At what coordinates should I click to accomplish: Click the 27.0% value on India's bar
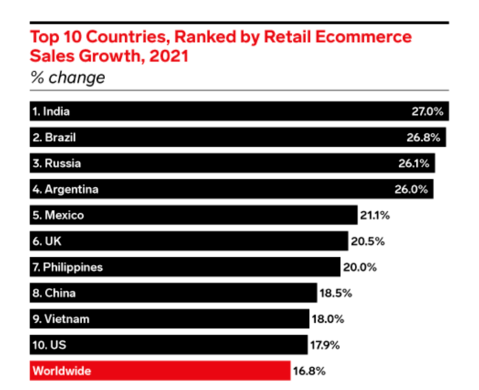point(427,112)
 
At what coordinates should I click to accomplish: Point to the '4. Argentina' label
point(65,189)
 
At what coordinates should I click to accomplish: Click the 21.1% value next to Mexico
point(375,215)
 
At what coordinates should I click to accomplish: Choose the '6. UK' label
point(46,241)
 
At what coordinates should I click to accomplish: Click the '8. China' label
point(53,293)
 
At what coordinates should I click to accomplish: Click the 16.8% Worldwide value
point(310,371)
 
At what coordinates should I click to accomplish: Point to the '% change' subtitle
point(67,77)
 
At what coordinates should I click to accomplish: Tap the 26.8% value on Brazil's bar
point(427,138)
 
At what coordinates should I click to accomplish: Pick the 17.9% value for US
point(327,345)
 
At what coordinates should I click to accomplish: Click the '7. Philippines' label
point(67,267)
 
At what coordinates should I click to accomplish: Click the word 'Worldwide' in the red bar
point(61,371)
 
